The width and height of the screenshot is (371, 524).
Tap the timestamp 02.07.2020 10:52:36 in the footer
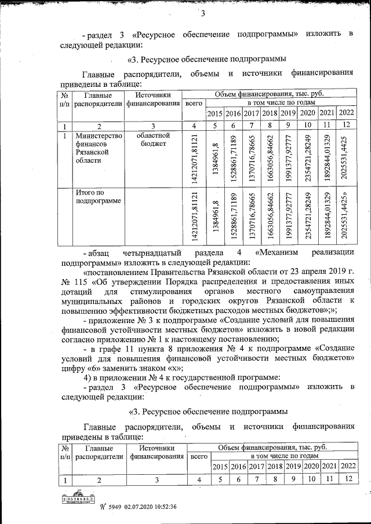[148, 507]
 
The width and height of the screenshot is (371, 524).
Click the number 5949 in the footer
[112, 507]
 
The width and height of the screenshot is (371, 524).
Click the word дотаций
[75, 292]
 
